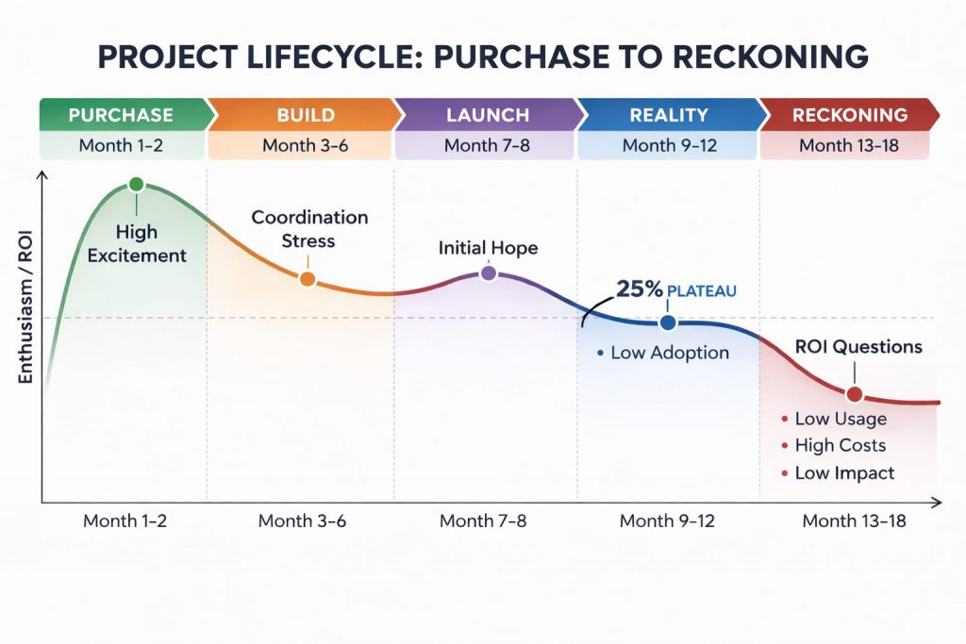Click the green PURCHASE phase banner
tap(121, 115)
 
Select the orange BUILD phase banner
tap(306, 115)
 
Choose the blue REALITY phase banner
tap(668, 115)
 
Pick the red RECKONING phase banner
tap(849, 115)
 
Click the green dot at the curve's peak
tap(136, 185)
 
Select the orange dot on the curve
tap(307, 279)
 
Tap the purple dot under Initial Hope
tap(488, 273)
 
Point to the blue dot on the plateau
tap(668, 322)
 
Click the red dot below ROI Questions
tap(854, 395)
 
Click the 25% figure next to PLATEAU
tap(639, 289)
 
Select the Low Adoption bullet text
tap(669, 354)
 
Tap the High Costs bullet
tap(840, 446)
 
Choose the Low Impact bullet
tap(843, 473)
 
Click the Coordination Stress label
tap(309, 229)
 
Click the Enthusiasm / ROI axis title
tap(25, 322)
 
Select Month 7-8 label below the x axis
tap(483, 520)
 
